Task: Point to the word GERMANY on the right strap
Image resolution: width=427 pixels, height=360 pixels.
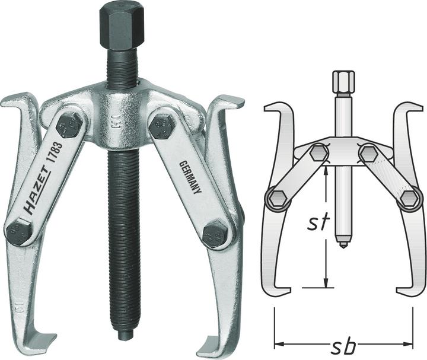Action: pos(189,177)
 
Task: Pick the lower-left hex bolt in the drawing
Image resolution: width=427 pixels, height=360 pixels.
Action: pos(277,199)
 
